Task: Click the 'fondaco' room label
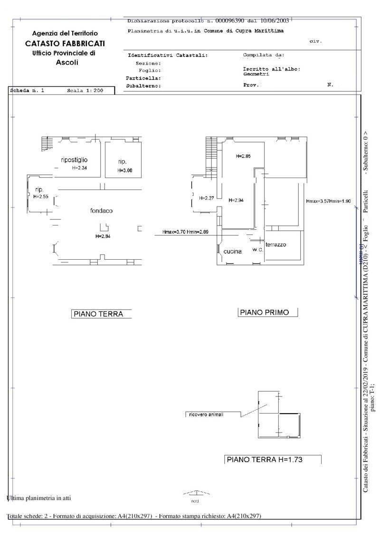click(x=101, y=210)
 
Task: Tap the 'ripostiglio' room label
click(x=74, y=160)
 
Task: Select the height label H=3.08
click(x=125, y=170)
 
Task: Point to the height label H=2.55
click(x=41, y=196)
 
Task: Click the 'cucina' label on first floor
click(x=233, y=251)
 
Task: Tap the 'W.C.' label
click(x=258, y=249)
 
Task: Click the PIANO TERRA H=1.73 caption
click(x=265, y=459)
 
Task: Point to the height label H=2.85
click(x=243, y=156)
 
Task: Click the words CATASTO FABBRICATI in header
click(x=65, y=43)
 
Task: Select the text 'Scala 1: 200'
click(x=85, y=90)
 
